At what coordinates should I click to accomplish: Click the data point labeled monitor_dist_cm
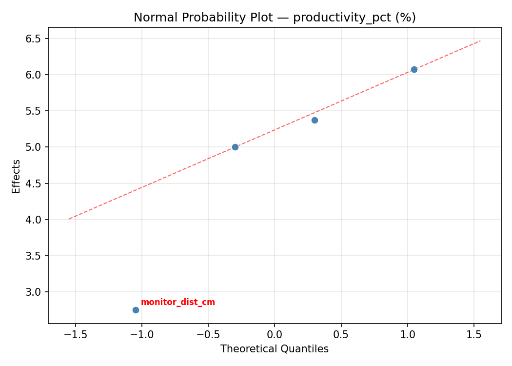point(136,310)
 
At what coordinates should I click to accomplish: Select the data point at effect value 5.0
point(235,147)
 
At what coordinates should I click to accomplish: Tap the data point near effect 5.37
point(315,120)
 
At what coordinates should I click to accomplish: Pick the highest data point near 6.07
point(414,69)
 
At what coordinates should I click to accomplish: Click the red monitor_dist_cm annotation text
point(177,303)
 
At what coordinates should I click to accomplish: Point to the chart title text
point(275,18)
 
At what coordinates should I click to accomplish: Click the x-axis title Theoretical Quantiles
point(275,349)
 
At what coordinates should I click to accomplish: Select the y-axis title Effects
point(17,176)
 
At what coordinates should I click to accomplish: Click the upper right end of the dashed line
point(480,41)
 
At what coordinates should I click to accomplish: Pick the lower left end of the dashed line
point(69,219)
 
